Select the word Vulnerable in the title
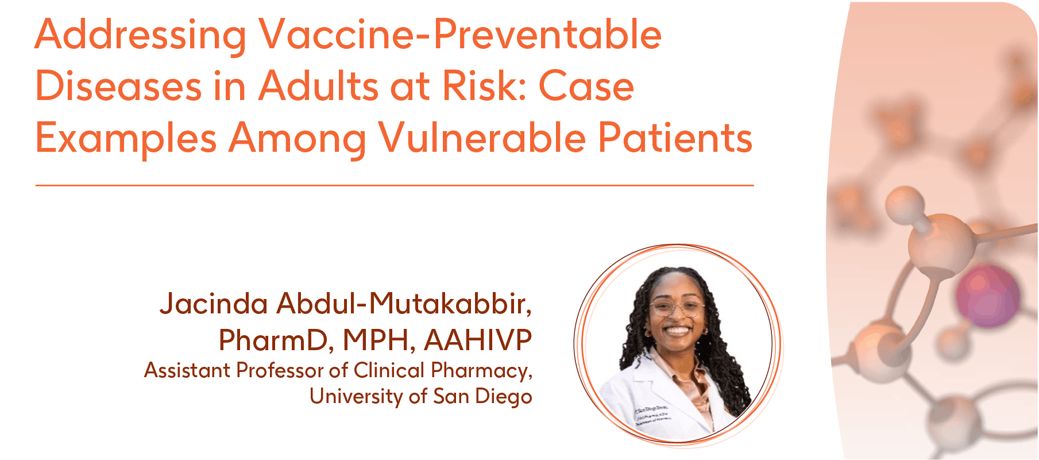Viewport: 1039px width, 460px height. [482, 138]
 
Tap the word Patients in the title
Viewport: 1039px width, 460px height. [675, 138]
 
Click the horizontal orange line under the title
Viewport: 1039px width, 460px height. [395, 185]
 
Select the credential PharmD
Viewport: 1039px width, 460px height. [276, 340]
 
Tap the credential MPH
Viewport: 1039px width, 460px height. [379, 340]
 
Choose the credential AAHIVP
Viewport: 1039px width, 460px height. [478, 340]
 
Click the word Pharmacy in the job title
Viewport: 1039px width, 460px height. [481, 371]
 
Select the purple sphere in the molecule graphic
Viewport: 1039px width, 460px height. [987, 297]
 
